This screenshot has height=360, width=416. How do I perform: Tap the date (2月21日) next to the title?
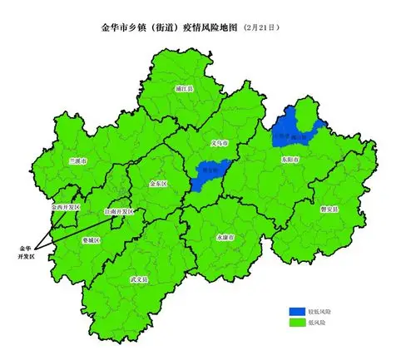coord(262,27)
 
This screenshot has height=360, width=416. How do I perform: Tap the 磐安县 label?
coord(329,210)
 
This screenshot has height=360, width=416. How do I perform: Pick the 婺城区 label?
coord(92,239)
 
